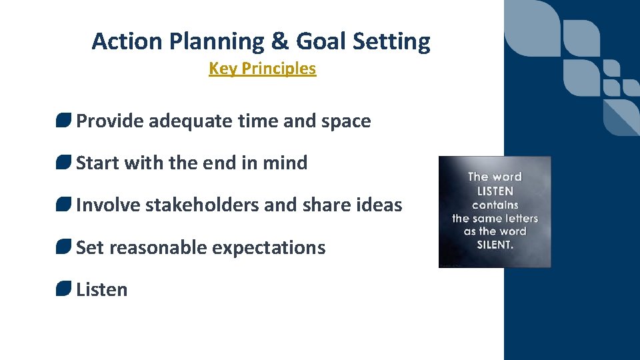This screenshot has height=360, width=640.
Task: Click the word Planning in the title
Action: point(217,41)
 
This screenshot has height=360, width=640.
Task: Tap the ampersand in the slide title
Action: point(280,41)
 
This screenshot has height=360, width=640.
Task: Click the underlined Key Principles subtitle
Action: point(262,69)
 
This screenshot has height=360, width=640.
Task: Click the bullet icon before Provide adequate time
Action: point(63,121)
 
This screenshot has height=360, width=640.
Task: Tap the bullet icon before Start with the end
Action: point(63,163)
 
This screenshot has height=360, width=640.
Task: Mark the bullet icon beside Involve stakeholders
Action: point(63,205)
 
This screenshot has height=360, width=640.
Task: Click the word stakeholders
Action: point(202,205)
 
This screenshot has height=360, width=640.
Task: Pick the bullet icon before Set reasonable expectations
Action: point(63,247)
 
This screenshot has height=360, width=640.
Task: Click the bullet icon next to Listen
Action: point(63,289)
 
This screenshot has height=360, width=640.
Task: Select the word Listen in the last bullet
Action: point(102,289)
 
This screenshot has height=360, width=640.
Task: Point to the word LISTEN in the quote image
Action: point(495,191)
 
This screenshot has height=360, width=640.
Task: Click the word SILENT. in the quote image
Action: point(495,245)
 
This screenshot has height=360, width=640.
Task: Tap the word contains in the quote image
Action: point(495,205)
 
